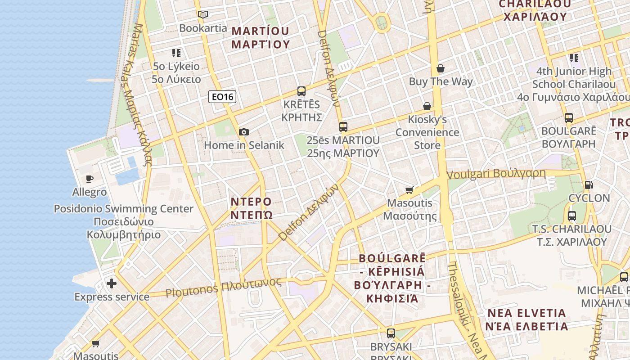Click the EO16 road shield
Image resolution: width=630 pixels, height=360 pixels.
coord(223,97)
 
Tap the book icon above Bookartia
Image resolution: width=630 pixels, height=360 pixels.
coord(203,14)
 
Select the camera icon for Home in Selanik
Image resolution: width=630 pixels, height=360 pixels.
coord(244,132)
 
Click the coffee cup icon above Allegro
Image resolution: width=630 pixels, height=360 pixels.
coord(90,179)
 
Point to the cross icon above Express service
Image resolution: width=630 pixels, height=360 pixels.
coord(112,283)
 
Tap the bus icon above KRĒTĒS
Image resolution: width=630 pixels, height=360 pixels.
coord(301,91)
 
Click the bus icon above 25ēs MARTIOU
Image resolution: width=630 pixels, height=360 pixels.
coord(343,127)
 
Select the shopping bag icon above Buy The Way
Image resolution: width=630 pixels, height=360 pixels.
coord(441,68)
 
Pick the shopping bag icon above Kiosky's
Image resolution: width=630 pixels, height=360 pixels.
coord(427,106)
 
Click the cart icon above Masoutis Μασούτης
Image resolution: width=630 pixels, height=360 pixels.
coord(409,189)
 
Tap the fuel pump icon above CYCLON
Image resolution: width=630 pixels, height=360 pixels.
coord(589,184)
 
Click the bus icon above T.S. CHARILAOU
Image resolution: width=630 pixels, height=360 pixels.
coord(572,216)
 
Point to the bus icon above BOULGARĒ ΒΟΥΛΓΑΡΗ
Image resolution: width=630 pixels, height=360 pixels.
coord(569,118)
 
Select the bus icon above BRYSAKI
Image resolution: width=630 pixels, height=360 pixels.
coord(391,333)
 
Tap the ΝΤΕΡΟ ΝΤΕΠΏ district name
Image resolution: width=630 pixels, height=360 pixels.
coord(252,207)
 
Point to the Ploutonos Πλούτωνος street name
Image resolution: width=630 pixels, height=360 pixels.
coord(223,287)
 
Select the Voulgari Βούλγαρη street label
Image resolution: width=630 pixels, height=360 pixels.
coord(496,174)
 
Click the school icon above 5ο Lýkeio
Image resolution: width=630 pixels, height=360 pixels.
coord(176,53)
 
